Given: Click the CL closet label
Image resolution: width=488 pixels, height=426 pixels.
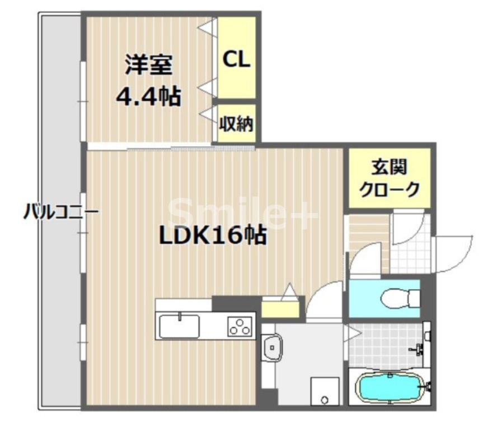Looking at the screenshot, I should (236, 59).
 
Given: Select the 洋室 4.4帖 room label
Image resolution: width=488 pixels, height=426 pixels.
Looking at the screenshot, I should (148, 81).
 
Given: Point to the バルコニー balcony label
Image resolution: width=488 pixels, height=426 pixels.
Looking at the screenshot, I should (61, 212).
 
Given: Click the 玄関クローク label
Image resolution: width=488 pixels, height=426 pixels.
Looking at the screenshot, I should (389, 178).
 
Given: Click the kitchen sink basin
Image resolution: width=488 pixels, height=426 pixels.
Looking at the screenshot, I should (179, 326).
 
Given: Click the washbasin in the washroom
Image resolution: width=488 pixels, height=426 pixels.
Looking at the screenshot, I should (273, 348).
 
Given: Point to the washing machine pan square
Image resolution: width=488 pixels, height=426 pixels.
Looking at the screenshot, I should (325, 391).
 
